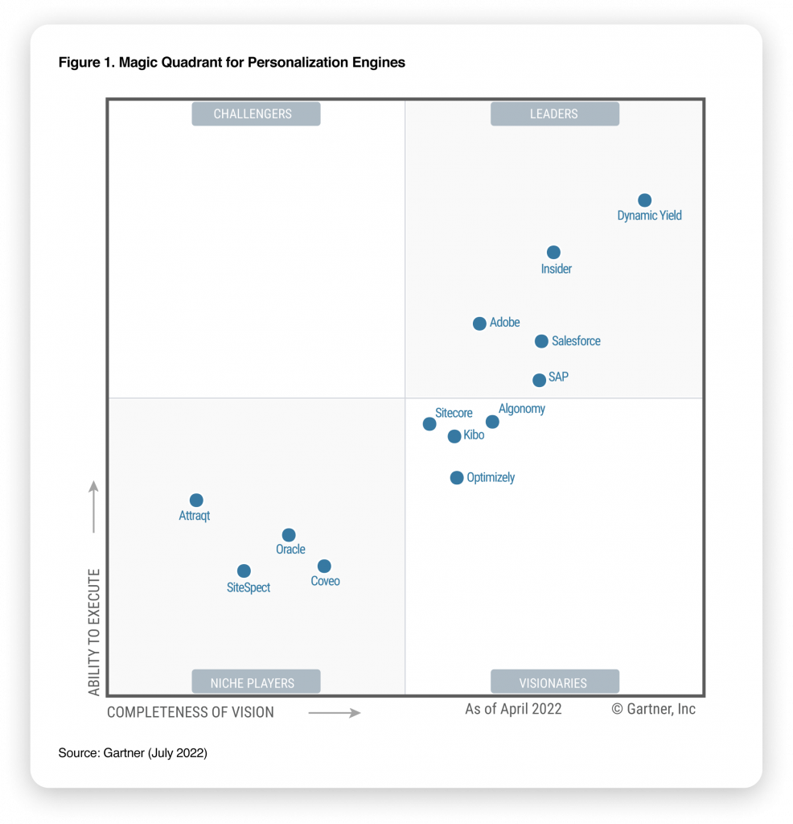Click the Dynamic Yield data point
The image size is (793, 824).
[644, 200]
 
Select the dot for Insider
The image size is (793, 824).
[553, 253]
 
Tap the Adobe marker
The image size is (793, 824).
[479, 323]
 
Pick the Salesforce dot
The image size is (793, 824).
[541, 341]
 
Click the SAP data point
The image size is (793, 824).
[539, 380]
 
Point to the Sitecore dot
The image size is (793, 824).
[429, 423]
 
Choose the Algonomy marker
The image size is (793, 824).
[492, 422]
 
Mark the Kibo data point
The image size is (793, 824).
[454, 436]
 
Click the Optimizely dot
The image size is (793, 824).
[457, 478]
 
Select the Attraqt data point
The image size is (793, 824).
[196, 501]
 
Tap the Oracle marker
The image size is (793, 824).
[289, 535]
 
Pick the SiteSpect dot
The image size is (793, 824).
[244, 571]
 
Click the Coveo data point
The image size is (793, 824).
[324, 566]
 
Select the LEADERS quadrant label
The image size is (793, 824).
[555, 114]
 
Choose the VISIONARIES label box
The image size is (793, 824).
[555, 682]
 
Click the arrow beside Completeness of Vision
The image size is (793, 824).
[335, 712]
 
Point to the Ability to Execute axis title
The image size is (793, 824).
[94, 632]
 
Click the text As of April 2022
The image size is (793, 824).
[513, 709]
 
